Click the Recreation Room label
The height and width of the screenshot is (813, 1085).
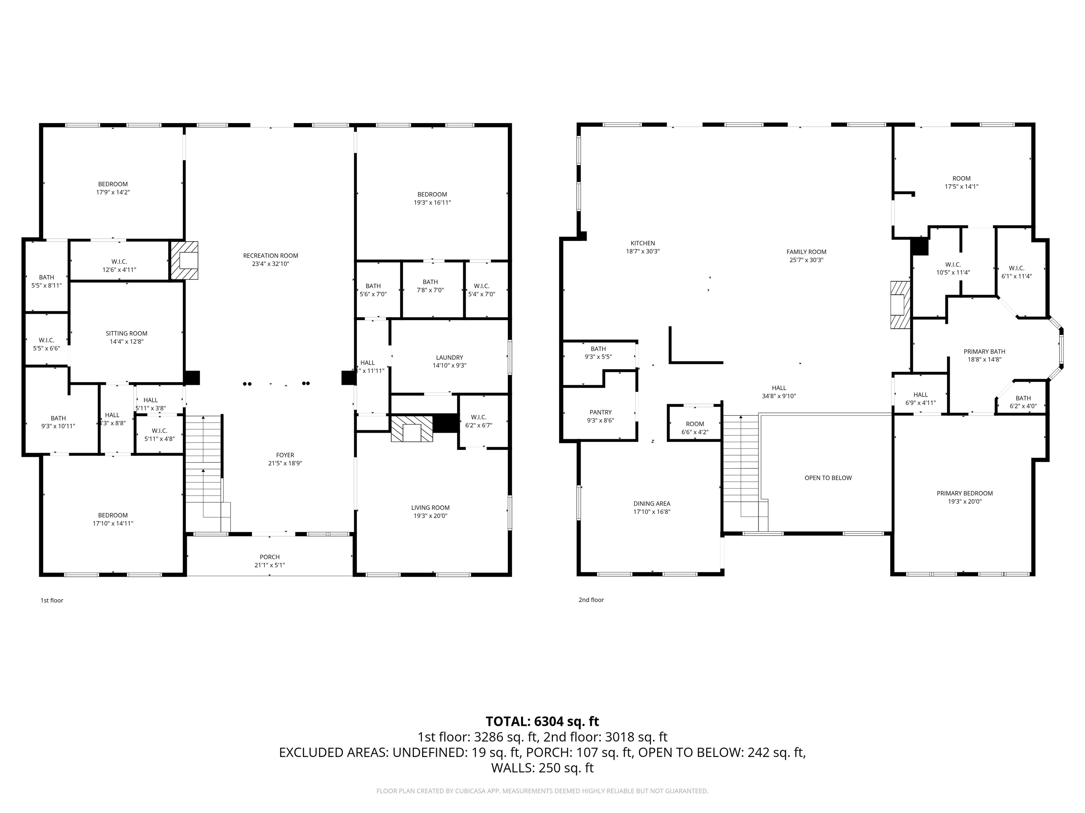click(x=270, y=255)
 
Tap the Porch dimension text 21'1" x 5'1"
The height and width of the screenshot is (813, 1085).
click(x=270, y=565)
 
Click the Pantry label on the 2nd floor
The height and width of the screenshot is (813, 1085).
click(x=600, y=412)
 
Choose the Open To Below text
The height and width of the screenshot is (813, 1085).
click(x=828, y=478)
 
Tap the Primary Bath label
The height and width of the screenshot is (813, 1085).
click(x=984, y=351)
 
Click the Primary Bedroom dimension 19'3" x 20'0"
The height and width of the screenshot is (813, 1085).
click(x=965, y=501)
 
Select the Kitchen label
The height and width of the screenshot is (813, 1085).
click(x=642, y=243)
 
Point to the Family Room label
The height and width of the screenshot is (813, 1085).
click(x=806, y=252)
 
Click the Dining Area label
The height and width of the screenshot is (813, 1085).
click(x=651, y=503)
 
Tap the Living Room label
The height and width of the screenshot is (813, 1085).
click(x=430, y=508)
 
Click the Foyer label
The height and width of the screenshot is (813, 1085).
click(x=285, y=455)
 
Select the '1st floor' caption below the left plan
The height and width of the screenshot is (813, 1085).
click(x=52, y=600)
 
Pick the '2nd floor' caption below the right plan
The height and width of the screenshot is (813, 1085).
click(x=591, y=600)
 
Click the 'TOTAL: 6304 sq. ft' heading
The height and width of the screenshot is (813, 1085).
click(x=542, y=721)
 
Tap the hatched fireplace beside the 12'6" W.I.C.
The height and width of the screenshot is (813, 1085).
click(x=184, y=260)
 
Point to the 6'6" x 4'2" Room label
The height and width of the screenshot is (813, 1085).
click(x=695, y=424)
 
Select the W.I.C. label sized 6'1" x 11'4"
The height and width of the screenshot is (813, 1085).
click(x=1016, y=268)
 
